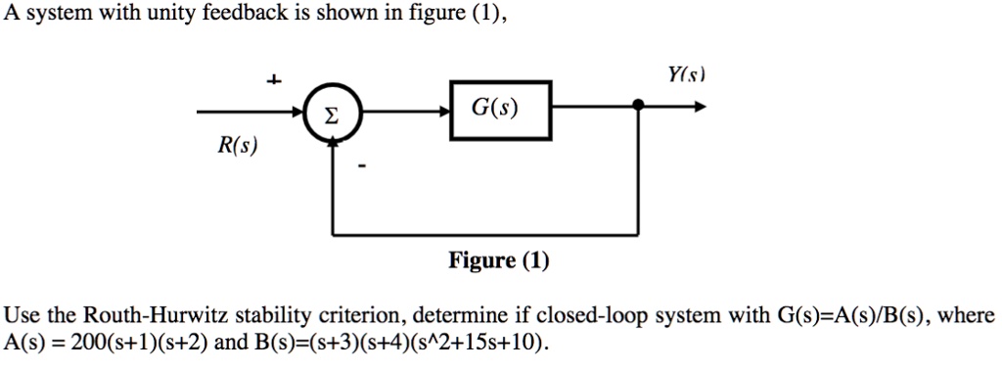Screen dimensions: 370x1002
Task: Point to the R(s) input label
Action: point(238,147)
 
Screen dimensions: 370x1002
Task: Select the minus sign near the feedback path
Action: point(361,167)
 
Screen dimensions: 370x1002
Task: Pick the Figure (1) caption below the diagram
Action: point(499,260)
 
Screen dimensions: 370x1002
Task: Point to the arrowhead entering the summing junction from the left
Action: point(301,115)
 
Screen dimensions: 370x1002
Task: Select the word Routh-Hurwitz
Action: point(144,316)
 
